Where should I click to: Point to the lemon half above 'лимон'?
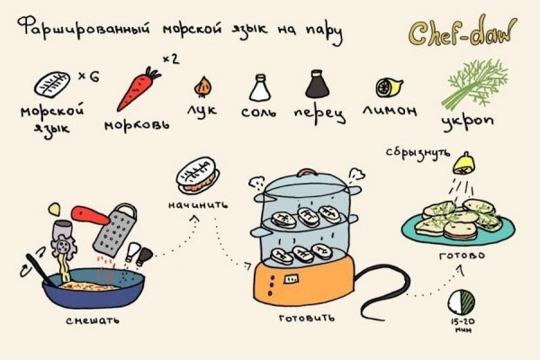tap(386, 87)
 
